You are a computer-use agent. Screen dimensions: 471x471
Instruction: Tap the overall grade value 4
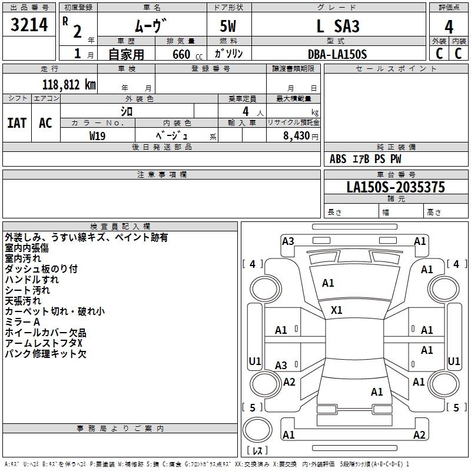coord(449,26)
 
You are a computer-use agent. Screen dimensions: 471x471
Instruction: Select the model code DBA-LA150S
coord(337,54)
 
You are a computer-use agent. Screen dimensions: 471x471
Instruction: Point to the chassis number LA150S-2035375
coord(396,188)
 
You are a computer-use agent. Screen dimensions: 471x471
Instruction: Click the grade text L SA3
coord(337,26)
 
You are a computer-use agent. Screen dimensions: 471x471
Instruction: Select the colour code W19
coord(98,135)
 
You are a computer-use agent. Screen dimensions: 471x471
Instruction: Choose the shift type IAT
coord(17,123)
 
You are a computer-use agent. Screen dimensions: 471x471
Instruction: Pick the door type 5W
coord(229,26)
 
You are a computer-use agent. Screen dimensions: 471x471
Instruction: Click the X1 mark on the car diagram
coord(337,310)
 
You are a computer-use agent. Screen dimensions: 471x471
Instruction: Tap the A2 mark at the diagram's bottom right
coord(419,435)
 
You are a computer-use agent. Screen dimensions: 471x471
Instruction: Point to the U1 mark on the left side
coord(255,361)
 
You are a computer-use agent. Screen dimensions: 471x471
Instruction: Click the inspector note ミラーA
coord(22,322)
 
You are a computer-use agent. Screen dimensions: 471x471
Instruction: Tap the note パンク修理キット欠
coord(46,354)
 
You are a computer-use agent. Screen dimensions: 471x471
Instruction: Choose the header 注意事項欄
coord(161,175)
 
